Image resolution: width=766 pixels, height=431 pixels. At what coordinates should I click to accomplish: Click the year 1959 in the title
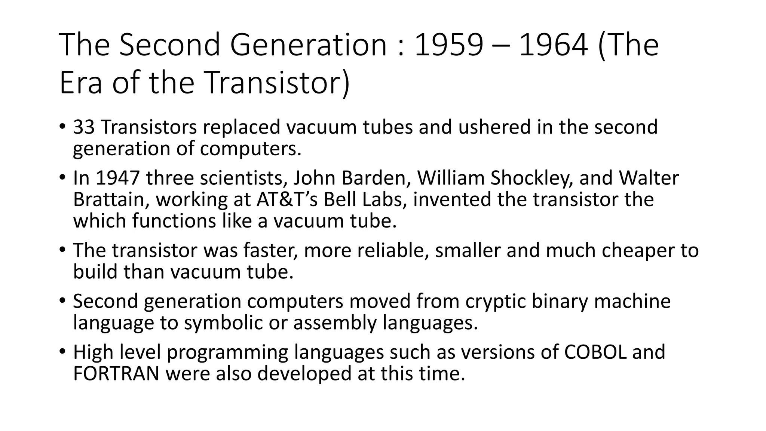(x=449, y=45)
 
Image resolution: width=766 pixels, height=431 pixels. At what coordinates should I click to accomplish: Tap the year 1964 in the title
(x=554, y=45)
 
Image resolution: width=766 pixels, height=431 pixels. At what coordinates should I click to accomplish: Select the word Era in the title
(x=80, y=83)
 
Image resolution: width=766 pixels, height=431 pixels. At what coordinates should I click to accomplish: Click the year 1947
(x=117, y=178)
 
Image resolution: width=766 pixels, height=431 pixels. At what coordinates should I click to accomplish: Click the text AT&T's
(x=287, y=199)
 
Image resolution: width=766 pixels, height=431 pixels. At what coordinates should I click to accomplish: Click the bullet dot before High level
(x=62, y=352)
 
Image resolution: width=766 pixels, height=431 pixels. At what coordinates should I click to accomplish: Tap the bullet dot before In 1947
(x=62, y=178)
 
